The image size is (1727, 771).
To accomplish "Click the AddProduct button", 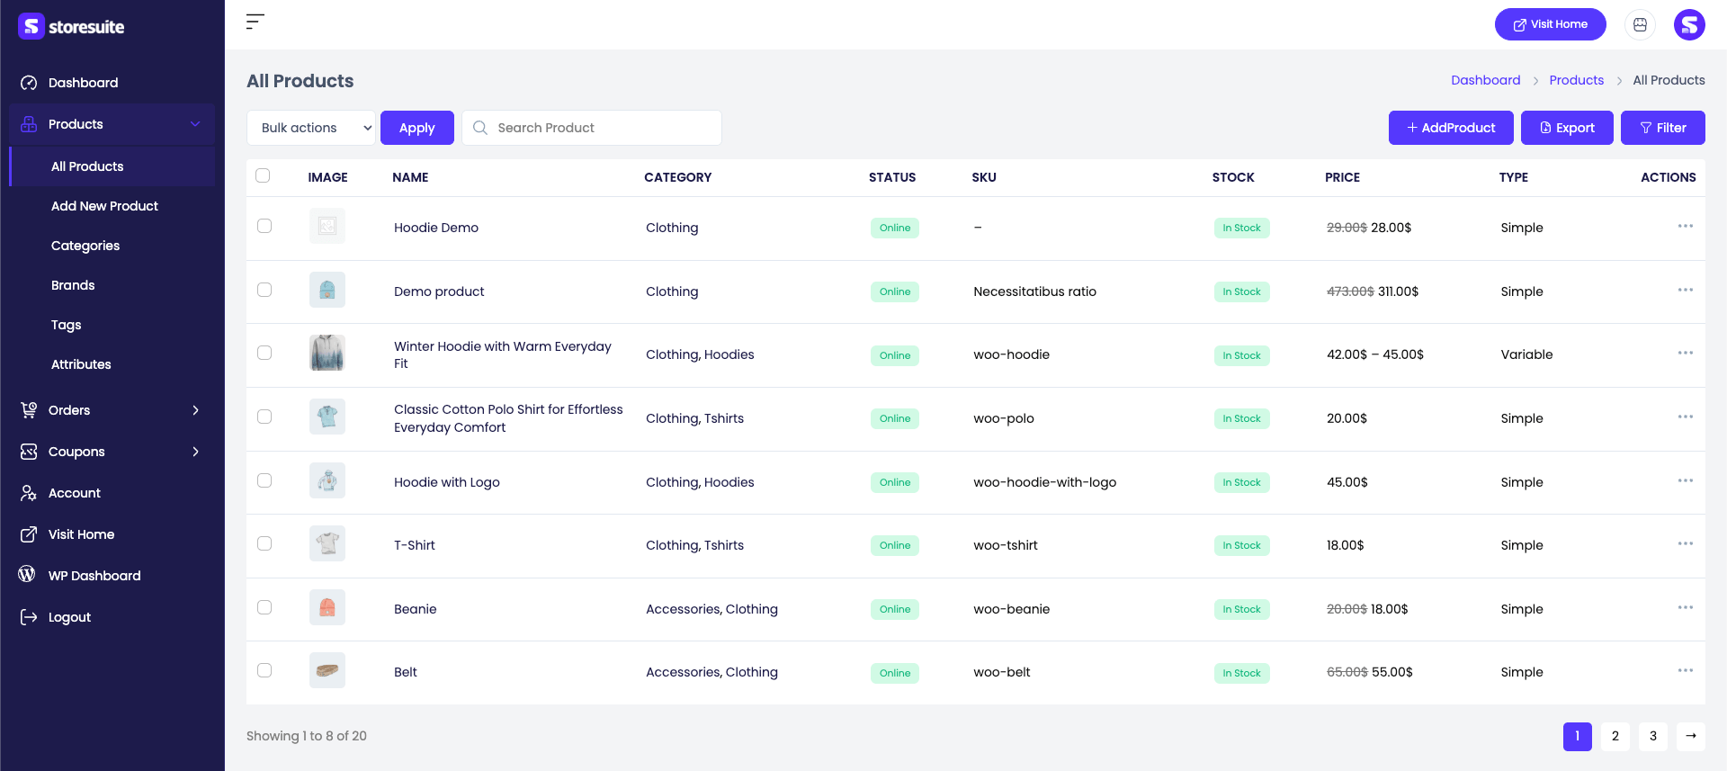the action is pyautogui.click(x=1451, y=128).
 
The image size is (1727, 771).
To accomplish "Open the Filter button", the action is pyautogui.click(x=1662, y=128).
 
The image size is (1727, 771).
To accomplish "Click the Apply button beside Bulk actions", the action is pyautogui.click(x=417, y=128).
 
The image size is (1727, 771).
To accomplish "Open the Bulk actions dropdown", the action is pyautogui.click(x=311, y=128).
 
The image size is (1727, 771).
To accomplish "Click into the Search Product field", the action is pyautogui.click(x=592, y=128).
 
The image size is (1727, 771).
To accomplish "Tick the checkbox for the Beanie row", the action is pyautogui.click(x=264, y=607).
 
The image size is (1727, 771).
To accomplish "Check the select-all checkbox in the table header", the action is pyautogui.click(x=263, y=175).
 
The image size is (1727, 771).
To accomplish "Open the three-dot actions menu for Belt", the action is pyautogui.click(x=1686, y=670).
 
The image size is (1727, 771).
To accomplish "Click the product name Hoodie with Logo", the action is pyautogui.click(x=447, y=482).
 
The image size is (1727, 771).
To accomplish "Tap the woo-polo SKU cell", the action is pyautogui.click(x=1004, y=418).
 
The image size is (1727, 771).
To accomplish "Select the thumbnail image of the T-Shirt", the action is pyautogui.click(x=327, y=543).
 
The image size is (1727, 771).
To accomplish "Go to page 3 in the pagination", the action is pyautogui.click(x=1653, y=736).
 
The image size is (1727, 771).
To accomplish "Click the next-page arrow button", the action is pyautogui.click(x=1691, y=736).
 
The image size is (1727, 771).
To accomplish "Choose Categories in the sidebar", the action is pyautogui.click(x=85, y=246).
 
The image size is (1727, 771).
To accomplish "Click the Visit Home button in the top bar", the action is pyautogui.click(x=1551, y=24).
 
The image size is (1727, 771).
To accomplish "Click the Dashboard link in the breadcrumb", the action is pyautogui.click(x=1486, y=80).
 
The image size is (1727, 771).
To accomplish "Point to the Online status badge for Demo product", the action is pyautogui.click(x=895, y=291).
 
